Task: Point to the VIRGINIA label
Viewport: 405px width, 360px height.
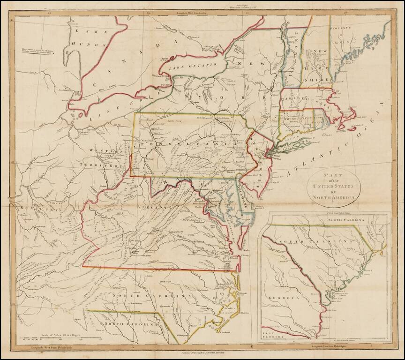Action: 155,207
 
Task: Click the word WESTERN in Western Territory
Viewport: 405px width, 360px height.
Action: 104,151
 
